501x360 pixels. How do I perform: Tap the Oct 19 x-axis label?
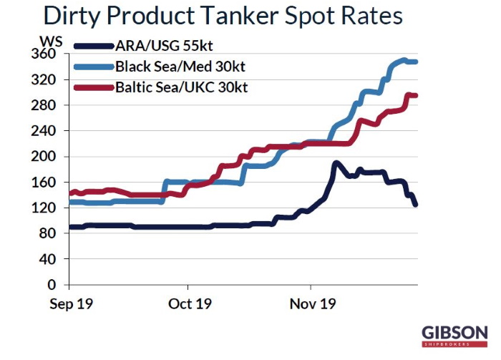pyautogui.click(x=190, y=303)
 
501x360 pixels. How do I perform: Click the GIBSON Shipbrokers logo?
pyautogui.click(x=454, y=336)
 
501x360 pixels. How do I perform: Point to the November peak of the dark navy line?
pyautogui.click(x=335, y=163)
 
